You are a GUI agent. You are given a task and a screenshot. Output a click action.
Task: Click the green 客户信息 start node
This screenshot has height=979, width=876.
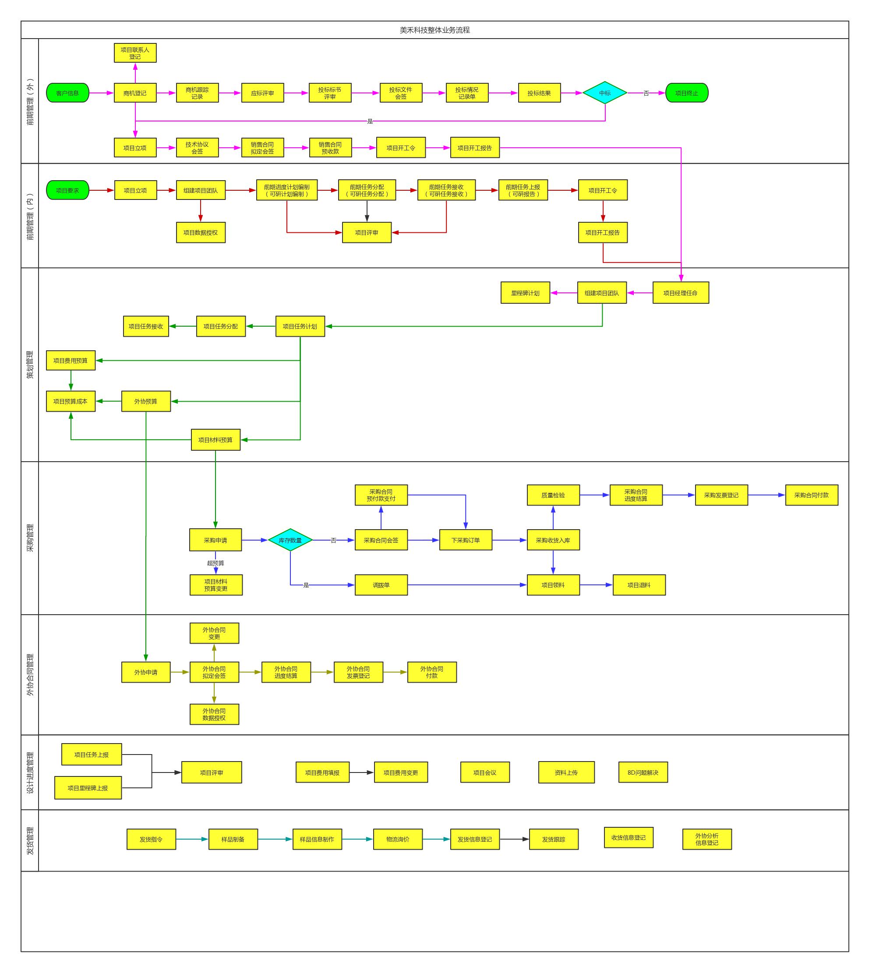coord(67,93)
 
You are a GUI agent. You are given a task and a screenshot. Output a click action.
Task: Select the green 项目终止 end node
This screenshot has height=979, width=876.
coord(686,93)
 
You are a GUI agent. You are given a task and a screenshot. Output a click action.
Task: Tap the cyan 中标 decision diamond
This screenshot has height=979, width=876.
coord(604,93)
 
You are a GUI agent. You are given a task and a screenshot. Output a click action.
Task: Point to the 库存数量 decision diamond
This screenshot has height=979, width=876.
coord(290,540)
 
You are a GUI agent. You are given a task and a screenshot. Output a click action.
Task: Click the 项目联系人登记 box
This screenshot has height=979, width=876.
coord(135,53)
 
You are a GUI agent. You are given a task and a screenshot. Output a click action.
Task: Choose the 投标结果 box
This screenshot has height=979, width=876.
coord(539,93)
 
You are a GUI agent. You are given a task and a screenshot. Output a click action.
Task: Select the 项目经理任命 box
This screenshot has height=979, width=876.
coord(680,293)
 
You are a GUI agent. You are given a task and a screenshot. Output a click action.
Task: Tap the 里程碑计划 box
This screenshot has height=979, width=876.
coord(525,293)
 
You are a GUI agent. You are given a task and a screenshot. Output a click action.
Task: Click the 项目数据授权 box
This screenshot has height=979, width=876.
coord(200,233)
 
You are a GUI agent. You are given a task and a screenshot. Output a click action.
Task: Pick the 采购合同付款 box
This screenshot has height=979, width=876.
coord(812,495)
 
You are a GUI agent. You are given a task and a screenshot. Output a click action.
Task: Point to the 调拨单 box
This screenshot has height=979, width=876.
coord(381,585)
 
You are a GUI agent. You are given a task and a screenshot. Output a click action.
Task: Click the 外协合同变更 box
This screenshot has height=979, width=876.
coord(214,633)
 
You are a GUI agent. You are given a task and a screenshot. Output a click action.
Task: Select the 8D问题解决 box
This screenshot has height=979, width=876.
coord(643,773)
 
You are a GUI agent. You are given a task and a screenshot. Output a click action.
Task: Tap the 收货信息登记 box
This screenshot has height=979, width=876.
coord(628,837)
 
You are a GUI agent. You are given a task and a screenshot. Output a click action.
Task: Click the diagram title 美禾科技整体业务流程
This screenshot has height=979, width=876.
coord(434,30)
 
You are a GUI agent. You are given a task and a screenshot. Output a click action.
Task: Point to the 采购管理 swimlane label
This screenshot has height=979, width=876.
coord(30,538)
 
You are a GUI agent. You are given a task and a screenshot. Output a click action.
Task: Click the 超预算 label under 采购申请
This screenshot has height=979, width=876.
coord(215,563)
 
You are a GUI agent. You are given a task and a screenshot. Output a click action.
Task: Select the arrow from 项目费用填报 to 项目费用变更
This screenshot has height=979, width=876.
coord(361,773)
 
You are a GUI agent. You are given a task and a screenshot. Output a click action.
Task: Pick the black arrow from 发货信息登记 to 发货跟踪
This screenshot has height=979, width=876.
coord(515,839)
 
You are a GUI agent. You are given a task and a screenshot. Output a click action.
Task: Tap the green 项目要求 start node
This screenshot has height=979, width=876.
coord(67,190)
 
